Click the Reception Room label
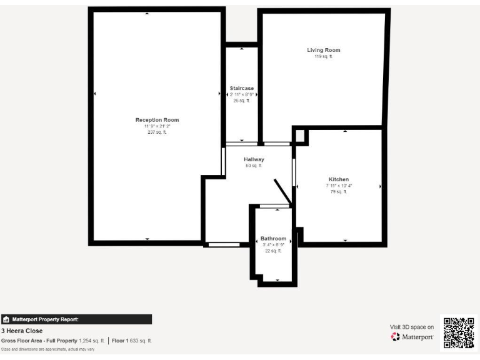point(157,119)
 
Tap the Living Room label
point(323,50)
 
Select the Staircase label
point(241,88)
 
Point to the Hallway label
point(254,159)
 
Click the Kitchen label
point(339,179)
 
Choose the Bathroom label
point(273,239)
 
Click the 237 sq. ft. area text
point(157,132)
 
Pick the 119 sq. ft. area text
point(323,56)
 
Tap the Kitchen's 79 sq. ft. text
point(339,192)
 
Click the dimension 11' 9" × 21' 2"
point(157,126)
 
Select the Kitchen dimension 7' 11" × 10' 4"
point(339,186)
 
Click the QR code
point(458,332)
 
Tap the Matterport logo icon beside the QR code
point(395,337)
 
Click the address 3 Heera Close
point(22,331)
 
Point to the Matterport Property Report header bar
point(76,319)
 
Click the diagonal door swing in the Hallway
point(282,191)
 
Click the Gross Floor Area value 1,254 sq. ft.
point(92,341)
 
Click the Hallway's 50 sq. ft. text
point(254,166)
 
